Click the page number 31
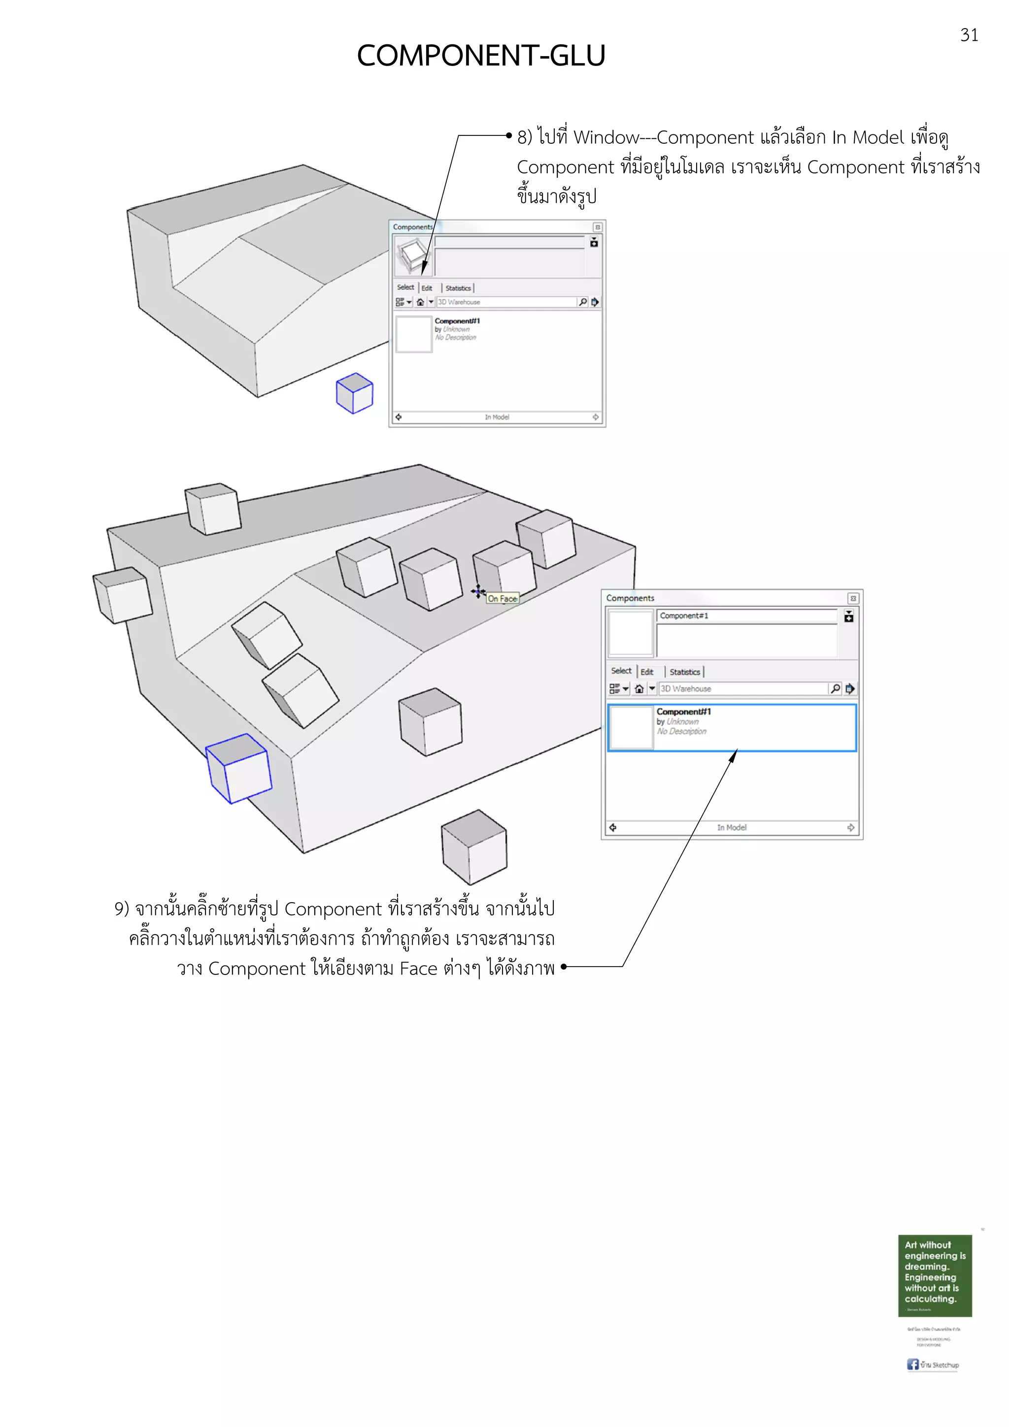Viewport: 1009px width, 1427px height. tap(969, 35)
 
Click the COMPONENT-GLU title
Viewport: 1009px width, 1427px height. tap(480, 56)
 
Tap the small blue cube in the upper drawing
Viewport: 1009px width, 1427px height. tap(354, 393)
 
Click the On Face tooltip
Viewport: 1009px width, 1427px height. tap(503, 598)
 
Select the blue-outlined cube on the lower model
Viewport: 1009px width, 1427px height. tap(239, 768)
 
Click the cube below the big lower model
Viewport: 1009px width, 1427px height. tap(474, 846)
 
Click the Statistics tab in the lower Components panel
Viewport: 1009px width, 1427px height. tap(684, 672)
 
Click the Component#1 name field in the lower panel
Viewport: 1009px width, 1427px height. tap(746, 616)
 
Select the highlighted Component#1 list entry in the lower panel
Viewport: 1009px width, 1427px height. tap(732, 727)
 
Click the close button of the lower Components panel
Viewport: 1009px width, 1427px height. tap(853, 598)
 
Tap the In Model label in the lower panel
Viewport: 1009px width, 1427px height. tap(732, 827)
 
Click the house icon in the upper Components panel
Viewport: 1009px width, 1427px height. tap(420, 302)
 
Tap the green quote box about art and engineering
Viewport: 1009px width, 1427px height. tap(935, 1275)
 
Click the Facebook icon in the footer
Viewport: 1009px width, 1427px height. tap(912, 1364)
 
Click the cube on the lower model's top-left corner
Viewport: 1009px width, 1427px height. tap(213, 508)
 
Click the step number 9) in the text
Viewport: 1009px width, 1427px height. tap(121, 908)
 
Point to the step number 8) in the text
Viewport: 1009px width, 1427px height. tap(525, 137)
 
